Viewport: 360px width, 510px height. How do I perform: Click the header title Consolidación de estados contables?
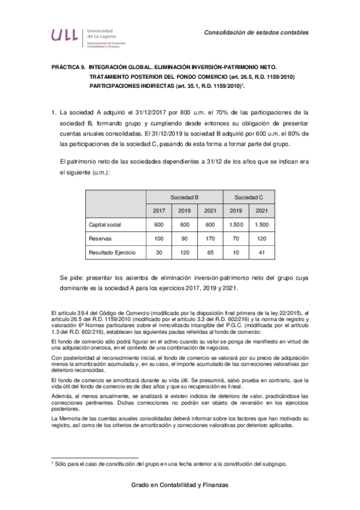(255, 32)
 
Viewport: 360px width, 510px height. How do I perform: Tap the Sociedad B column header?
(185, 197)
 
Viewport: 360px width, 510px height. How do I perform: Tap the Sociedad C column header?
(248, 197)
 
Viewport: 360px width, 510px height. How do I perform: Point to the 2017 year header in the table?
(159, 210)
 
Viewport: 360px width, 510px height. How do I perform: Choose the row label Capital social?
(106, 224)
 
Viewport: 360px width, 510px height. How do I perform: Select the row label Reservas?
(101, 238)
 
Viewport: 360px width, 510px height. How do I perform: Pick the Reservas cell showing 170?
(210, 238)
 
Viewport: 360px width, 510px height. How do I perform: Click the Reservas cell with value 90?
(185, 238)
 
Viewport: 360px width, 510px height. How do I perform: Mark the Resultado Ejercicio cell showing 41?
(261, 253)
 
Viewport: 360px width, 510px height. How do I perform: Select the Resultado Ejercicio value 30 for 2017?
(159, 253)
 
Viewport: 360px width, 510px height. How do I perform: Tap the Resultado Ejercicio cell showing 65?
(210, 253)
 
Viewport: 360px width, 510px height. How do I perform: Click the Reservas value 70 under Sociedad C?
(236, 238)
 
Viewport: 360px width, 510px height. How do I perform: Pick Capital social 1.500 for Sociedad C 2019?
(236, 224)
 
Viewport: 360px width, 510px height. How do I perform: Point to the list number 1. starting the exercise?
(54, 112)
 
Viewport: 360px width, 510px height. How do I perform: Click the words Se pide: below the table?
(73, 279)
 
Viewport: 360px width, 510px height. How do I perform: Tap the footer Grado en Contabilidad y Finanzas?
(180, 485)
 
